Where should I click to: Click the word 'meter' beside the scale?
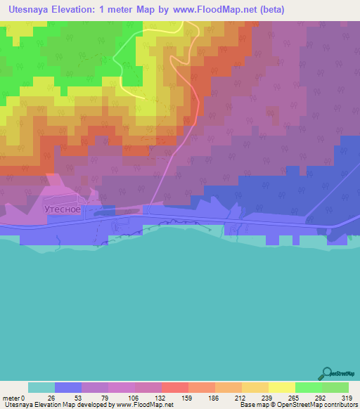click(13, 398)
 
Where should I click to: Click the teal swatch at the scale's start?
click(41, 388)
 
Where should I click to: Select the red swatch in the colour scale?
click(175, 388)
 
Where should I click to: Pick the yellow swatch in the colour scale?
click(282, 388)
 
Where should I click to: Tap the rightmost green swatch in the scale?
click(335, 388)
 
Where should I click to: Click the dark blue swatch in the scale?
click(68, 388)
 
